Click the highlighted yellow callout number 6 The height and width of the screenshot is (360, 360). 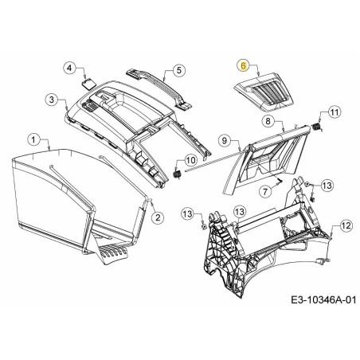[x=244, y=66]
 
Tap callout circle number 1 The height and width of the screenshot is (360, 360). [x=33, y=139]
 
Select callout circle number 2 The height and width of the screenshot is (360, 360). [x=158, y=217]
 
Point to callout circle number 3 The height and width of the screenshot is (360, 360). [x=52, y=100]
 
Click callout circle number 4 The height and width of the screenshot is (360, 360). [x=70, y=68]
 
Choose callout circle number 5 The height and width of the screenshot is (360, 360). [x=178, y=70]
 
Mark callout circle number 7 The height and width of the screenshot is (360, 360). [x=265, y=190]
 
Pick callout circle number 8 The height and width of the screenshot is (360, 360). [x=268, y=121]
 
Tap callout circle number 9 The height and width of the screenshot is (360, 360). [x=225, y=140]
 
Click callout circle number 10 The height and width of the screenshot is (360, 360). [x=190, y=160]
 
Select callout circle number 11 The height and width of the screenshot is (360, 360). [x=335, y=112]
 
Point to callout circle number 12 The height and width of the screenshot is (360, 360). [x=346, y=226]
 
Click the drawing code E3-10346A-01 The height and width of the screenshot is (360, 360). [x=323, y=300]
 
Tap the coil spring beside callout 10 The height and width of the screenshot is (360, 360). [x=176, y=174]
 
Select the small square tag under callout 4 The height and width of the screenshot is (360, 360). [x=88, y=82]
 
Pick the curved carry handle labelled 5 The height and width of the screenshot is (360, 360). [x=159, y=88]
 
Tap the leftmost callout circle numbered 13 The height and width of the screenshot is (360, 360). [x=188, y=213]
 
